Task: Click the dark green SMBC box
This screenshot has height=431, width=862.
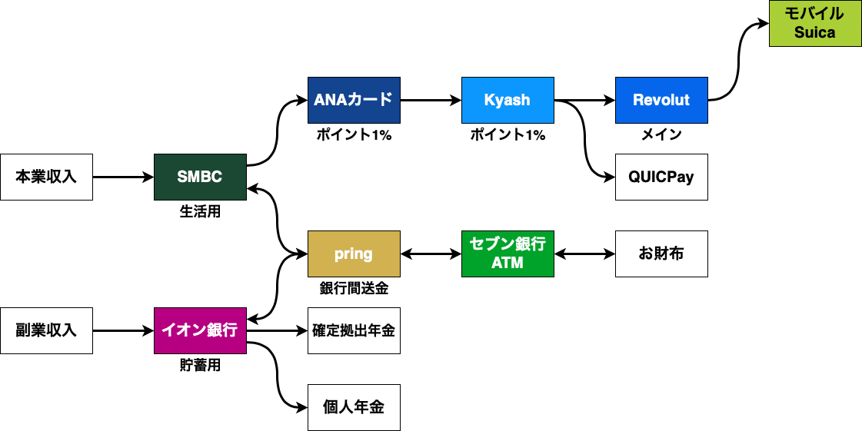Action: coord(200,177)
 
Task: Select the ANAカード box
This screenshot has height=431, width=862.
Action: coord(354,100)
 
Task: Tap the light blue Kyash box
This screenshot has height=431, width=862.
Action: coord(508,100)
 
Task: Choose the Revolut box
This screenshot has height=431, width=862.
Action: coord(662,100)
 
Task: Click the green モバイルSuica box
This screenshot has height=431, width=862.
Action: coord(815,23)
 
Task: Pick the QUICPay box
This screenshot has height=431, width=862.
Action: coord(662,177)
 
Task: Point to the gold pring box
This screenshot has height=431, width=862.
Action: coord(354,254)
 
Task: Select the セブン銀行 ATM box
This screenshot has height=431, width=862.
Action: coord(508,254)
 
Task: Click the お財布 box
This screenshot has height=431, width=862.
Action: coord(662,254)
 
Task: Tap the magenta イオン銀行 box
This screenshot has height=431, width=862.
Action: coord(200,330)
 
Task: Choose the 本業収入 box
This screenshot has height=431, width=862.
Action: coord(46,177)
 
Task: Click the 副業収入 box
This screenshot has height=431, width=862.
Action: coord(46,330)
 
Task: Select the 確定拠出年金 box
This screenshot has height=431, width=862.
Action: coord(354,330)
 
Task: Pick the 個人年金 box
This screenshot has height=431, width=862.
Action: coord(354,407)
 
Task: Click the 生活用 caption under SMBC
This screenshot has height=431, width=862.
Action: coord(200,212)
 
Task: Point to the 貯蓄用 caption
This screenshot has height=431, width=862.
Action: coord(200,366)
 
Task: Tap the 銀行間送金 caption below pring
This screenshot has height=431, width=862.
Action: coord(354,289)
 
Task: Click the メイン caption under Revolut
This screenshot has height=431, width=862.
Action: coord(662,135)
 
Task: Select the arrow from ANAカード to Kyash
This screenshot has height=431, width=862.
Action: coord(431,100)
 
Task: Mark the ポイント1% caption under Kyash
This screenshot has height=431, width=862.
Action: coord(508,135)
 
